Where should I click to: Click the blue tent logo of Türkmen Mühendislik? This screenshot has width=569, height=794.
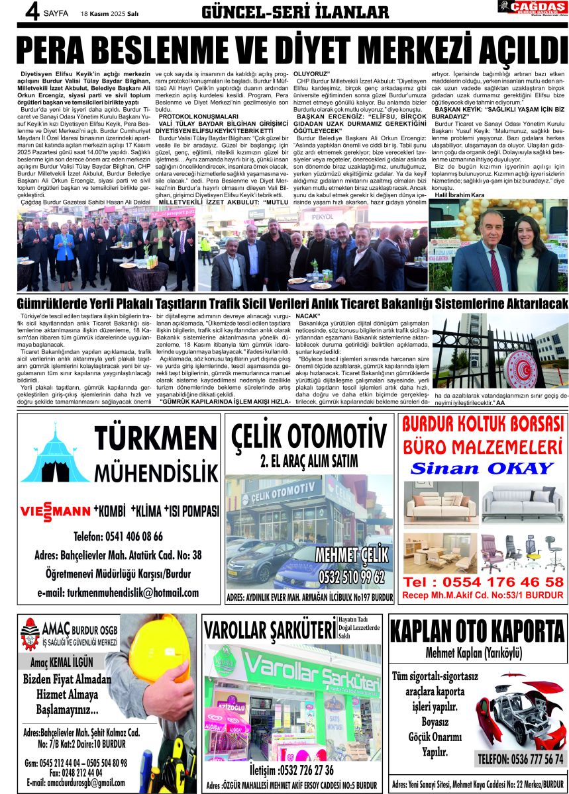click(56, 457)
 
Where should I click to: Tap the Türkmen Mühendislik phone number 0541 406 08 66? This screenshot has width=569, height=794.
click(118, 536)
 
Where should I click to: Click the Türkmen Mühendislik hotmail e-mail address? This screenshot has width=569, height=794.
click(118, 592)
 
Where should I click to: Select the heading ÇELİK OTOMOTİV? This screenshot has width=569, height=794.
click(309, 437)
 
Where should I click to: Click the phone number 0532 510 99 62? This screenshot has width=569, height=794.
click(351, 577)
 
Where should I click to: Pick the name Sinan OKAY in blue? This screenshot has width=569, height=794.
click(482, 468)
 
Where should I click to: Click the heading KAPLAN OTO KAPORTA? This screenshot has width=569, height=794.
click(477, 632)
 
